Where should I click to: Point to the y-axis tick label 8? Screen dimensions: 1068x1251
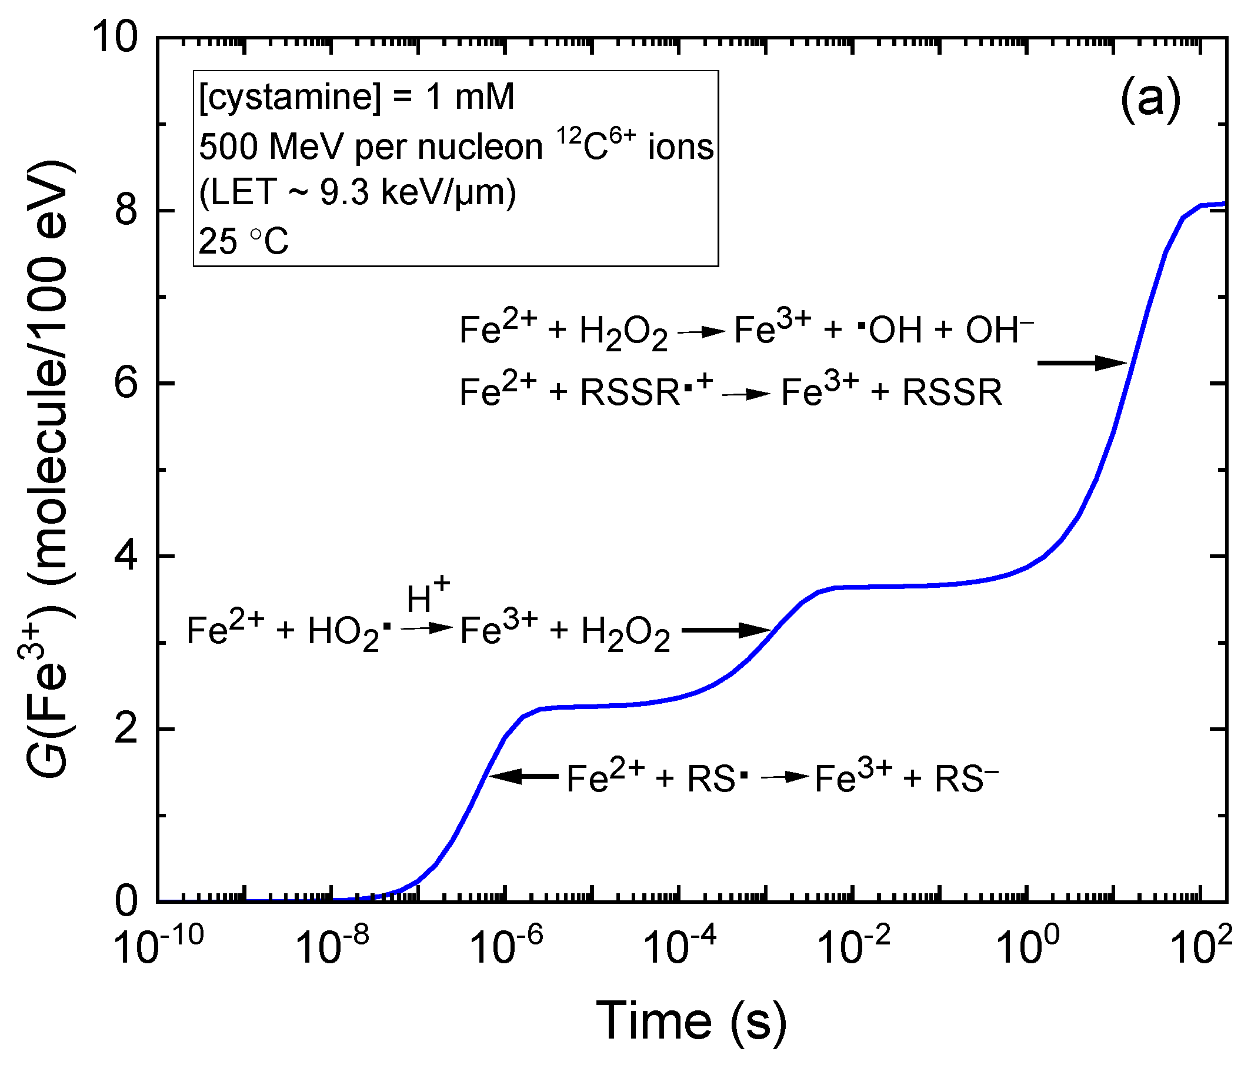pos(126,211)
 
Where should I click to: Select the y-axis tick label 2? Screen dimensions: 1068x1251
pos(126,729)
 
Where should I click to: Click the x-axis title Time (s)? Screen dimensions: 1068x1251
pos(691,1021)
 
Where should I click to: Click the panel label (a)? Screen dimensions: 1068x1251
pos(1150,98)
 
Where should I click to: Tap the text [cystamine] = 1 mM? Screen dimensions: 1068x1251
pos(357,96)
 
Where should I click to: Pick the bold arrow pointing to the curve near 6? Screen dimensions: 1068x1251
pos(1082,363)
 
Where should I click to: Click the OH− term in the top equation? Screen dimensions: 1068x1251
pos(999,331)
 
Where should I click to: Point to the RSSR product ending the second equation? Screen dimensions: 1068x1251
pos(952,392)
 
